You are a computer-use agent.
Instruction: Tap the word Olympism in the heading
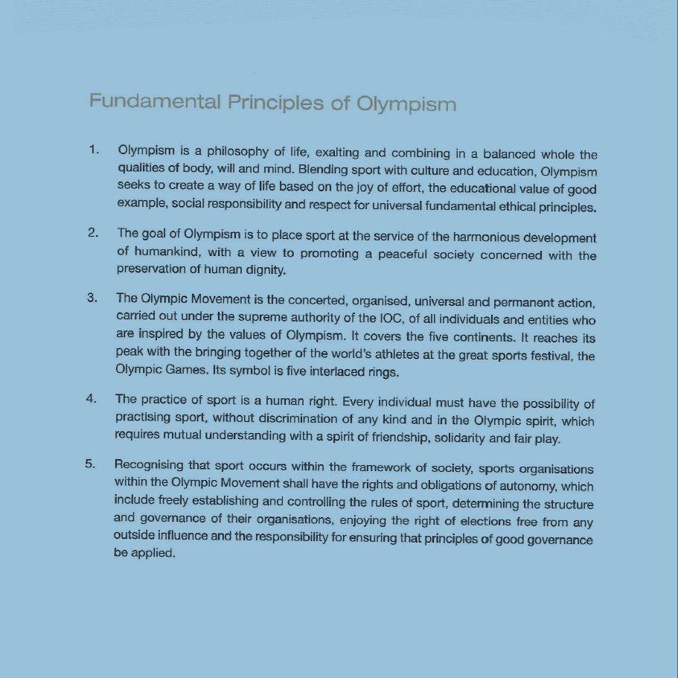(x=406, y=103)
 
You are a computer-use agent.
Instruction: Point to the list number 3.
(x=92, y=298)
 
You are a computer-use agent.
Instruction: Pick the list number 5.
(x=90, y=464)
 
